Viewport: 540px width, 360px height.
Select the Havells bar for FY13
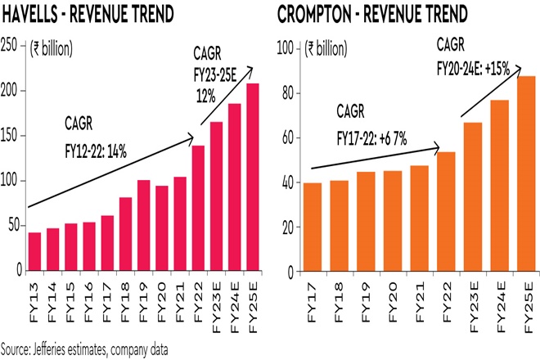(34, 251)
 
